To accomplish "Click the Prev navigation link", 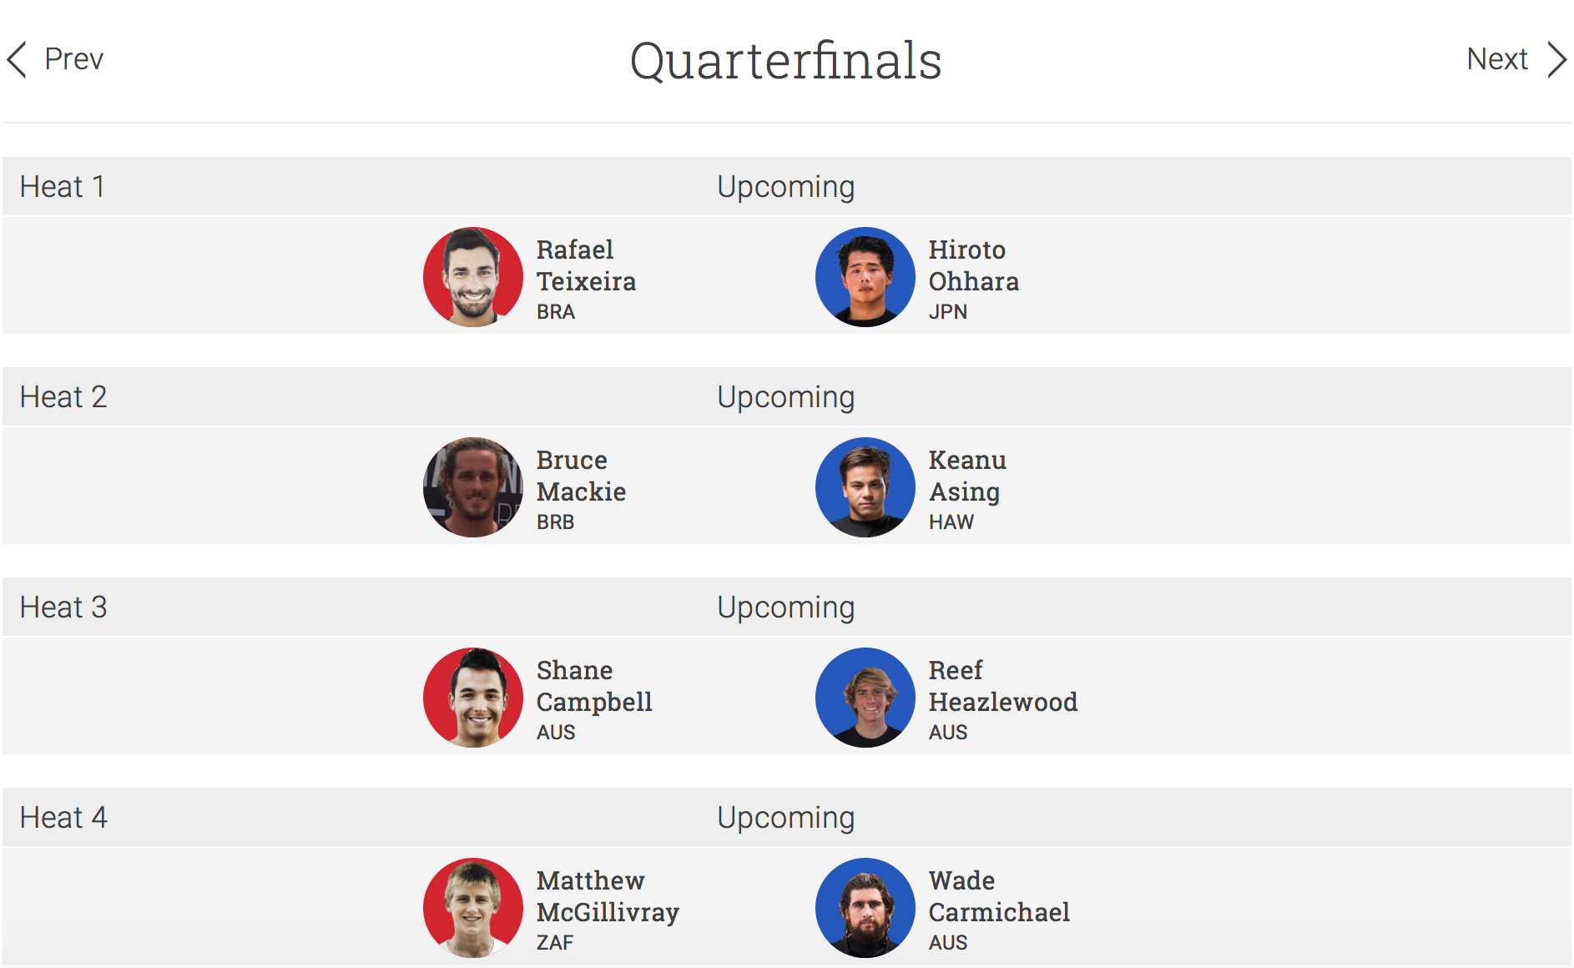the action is point(55,59).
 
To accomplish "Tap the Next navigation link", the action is point(1516,59).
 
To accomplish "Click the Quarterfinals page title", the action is point(786,61).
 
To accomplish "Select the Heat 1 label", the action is point(63,186).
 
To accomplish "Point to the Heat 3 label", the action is point(63,607).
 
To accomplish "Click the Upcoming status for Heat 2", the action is point(786,397).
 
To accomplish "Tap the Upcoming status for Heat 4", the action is point(786,818).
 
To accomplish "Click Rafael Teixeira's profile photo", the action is point(473,277).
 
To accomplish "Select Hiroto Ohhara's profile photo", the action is point(865,277).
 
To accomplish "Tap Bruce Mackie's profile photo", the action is point(473,487).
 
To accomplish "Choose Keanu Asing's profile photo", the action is point(865,487).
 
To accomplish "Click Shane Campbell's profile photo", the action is point(473,698).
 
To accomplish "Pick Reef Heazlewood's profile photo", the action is point(865,698).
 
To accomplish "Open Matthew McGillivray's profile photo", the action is point(473,908).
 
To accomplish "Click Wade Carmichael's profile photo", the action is point(865,908).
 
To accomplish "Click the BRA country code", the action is point(556,312).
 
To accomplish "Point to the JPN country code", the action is point(948,312).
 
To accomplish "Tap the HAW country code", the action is point(951,522).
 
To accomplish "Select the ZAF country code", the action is point(555,943).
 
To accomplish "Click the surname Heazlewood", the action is point(1003,702).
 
